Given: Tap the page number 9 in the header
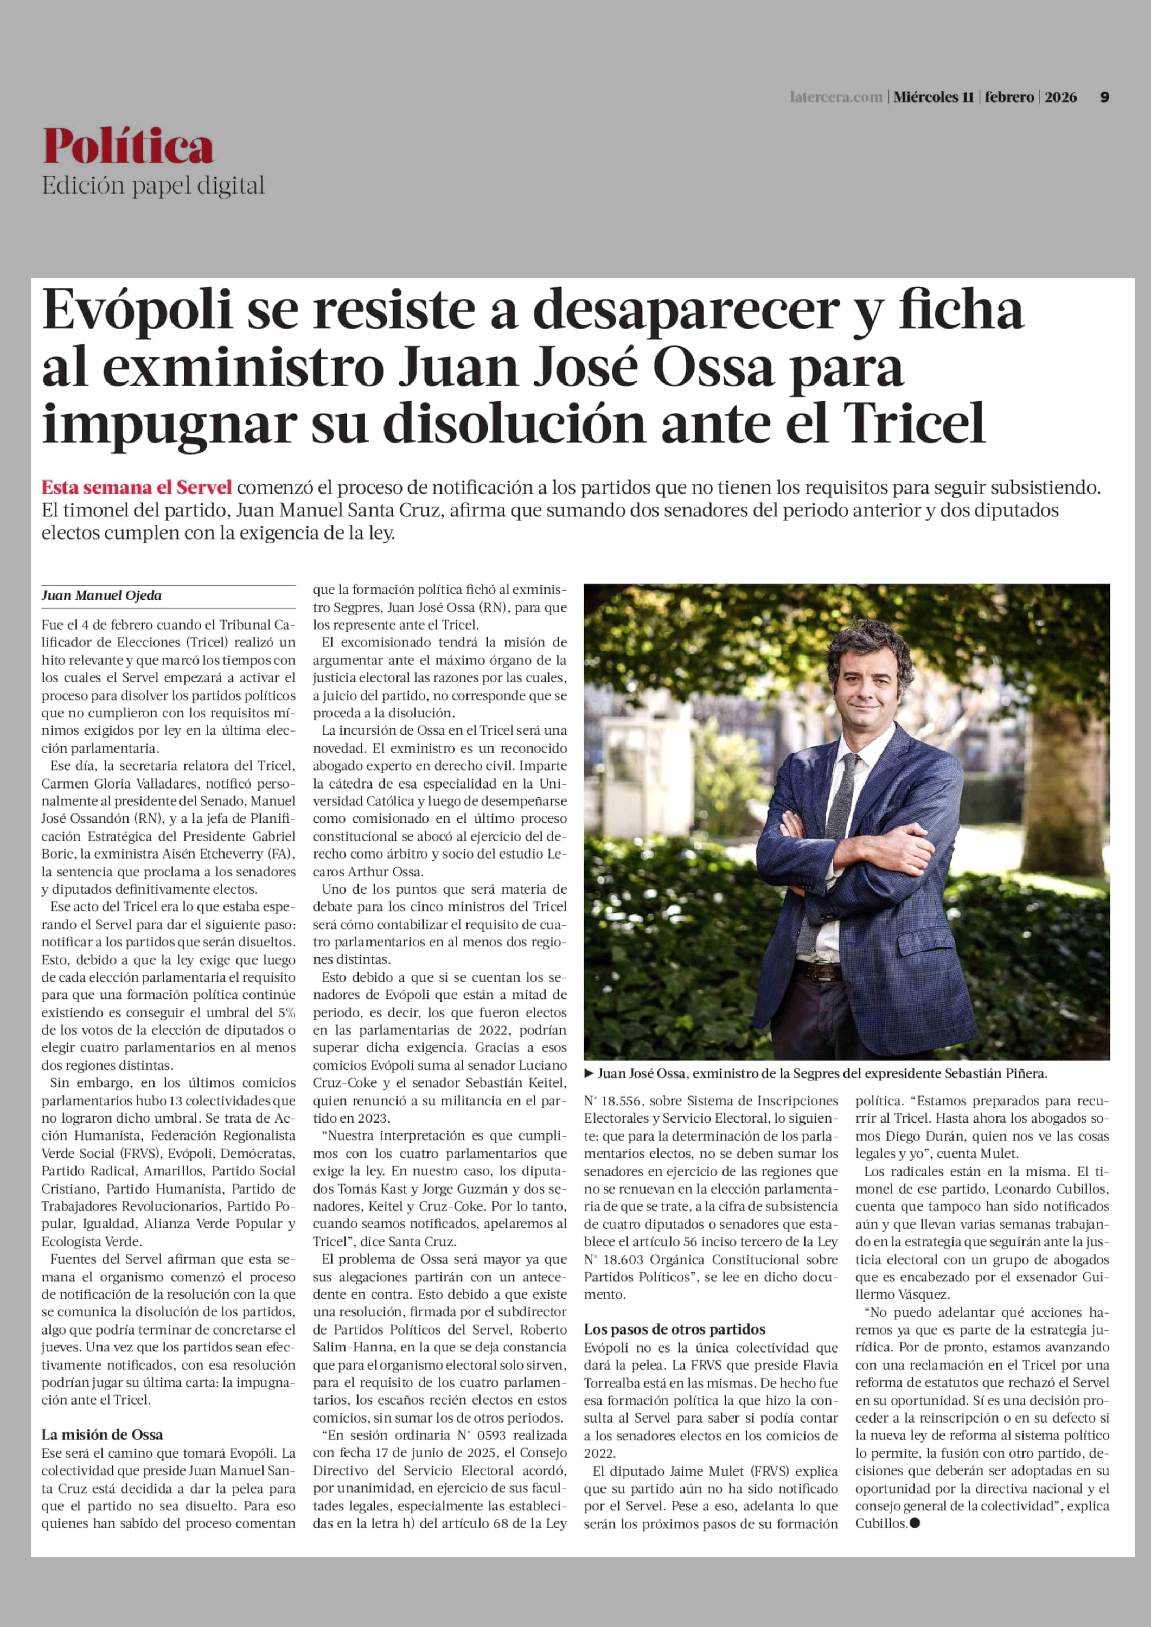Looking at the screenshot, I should pyautogui.click(x=1104, y=97).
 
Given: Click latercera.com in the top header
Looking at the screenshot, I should pyautogui.click(x=836, y=97).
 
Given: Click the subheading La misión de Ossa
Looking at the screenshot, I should pyautogui.click(x=102, y=1435).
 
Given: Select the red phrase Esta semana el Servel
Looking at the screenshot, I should pyautogui.click(x=137, y=487).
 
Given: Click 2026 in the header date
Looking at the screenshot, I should pyautogui.click(x=1060, y=97).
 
